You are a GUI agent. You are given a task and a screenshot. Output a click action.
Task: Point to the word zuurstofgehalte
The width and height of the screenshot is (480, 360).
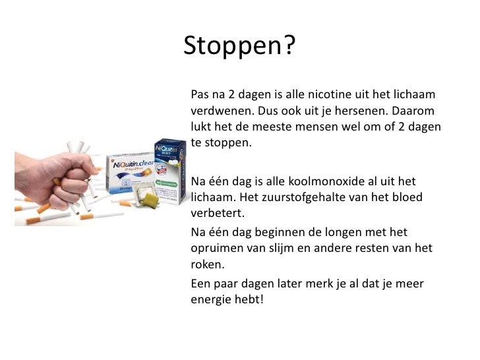click(308, 198)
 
